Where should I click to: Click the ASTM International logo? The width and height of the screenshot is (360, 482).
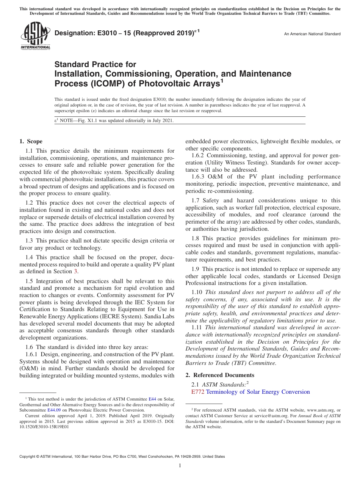(35, 35)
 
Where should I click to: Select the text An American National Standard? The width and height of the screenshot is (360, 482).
(312, 34)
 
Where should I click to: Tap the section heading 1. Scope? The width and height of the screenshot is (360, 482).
(31, 141)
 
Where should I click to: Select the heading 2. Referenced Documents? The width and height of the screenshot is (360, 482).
(220, 375)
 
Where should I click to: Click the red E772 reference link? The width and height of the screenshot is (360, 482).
(198, 392)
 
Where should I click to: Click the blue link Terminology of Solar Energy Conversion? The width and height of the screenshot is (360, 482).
(258, 392)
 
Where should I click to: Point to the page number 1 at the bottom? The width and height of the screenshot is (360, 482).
(180, 465)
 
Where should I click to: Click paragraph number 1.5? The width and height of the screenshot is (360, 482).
(29, 281)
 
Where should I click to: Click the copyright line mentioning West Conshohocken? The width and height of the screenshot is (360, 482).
(122, 457)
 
